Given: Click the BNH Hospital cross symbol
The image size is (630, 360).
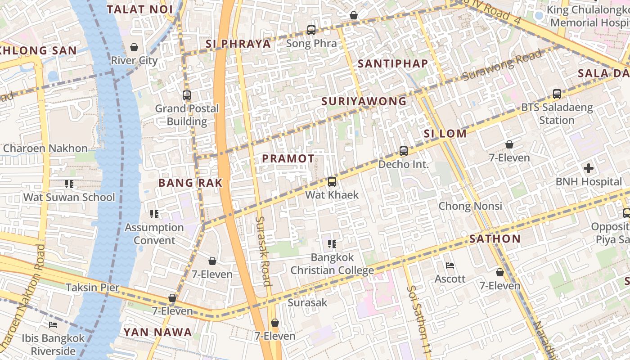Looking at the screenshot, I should pos(588,169).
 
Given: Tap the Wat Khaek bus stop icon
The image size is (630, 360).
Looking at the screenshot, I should pos(332,182).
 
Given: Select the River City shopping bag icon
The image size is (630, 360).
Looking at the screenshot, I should pos(134,47).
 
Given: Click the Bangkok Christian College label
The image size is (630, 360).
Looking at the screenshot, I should pos(332,264).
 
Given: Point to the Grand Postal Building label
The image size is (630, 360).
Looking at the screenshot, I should pos(187,115).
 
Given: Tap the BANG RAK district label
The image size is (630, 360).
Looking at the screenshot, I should pos(190,183).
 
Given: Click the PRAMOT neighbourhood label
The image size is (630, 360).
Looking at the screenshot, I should pos(288,158).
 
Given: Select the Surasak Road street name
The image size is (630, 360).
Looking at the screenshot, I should pos(264,251).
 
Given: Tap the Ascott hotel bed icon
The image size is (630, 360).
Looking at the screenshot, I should pos(450,265).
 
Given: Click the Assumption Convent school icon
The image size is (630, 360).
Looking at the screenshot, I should pos(154,214).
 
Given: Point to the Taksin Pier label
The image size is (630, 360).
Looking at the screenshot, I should pos(93,288).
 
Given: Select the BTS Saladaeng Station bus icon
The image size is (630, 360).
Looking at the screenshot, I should pos(557,94).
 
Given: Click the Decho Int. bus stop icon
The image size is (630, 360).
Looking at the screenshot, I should pos(404,151).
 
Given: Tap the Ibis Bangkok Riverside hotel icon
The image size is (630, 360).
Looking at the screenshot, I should pos(53,325).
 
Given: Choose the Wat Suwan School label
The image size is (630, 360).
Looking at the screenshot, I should pos(69,197).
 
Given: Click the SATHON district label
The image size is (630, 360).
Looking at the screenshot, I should pos(495,239).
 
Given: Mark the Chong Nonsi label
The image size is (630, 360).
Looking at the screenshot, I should pos(470,206).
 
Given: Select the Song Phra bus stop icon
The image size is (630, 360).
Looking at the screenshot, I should pos(311,30).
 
